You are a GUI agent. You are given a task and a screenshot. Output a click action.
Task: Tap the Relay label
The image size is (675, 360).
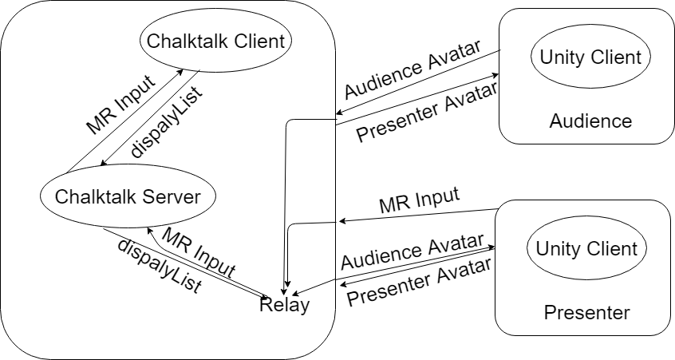pyautogui.click(x=284, y=305)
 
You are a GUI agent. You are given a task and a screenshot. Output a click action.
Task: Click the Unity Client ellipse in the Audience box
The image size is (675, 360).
pyautogui.click(x=590, y=57)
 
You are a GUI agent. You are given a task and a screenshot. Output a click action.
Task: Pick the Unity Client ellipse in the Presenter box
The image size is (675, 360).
pyautogui.click(x=586, y=248)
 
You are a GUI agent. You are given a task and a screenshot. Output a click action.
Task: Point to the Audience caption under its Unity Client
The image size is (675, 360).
pyautogui.click(x=590, y=121)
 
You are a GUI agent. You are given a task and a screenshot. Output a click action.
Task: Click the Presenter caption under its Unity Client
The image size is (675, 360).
pyautogui.click(x=586, y=312)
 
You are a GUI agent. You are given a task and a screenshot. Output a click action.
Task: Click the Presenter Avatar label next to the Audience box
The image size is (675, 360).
pyautogui.click(x=416, y=117)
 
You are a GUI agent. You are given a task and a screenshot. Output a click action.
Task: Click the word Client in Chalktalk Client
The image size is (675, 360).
pyautogui.click(x=255, y=40)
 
